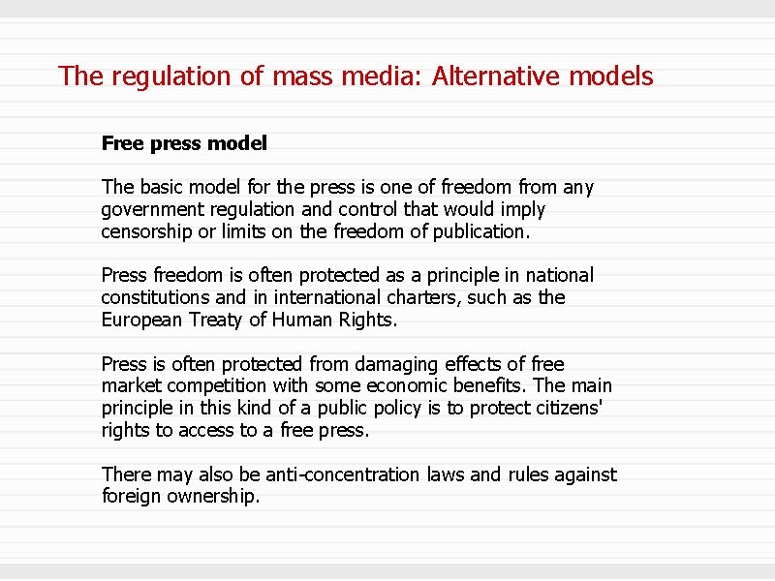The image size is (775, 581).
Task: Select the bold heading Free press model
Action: (x=184, y=143)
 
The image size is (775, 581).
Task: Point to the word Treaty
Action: (x=220, y=320)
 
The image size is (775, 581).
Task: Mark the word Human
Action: (x=303, y=320)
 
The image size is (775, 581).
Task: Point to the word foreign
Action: (x=134, y=497)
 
